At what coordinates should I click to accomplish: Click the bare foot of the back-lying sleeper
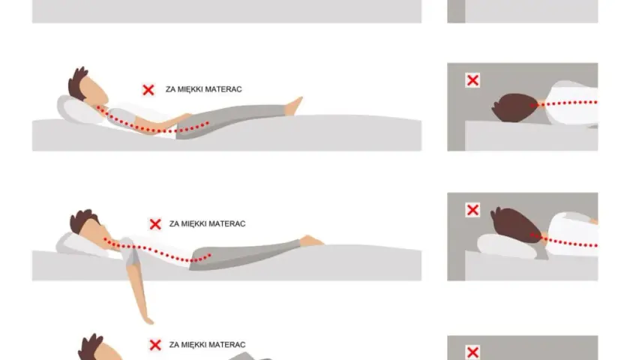point(294,106)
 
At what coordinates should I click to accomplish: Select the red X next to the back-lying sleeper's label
point(148,89)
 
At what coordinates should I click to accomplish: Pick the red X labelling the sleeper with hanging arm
point(155,223)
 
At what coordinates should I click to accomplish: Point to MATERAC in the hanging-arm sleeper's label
point(229,223)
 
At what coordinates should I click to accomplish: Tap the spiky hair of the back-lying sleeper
point(78,82)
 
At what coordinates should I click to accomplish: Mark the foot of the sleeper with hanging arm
point(310,241)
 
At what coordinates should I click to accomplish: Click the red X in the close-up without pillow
point(472,80)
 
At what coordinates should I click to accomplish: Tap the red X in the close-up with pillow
point(472,210)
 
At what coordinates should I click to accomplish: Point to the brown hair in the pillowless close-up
point(514,108)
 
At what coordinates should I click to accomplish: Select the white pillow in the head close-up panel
point(507,246)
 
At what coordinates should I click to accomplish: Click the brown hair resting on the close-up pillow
point(514,224)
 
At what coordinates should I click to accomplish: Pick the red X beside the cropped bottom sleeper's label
point(155,345)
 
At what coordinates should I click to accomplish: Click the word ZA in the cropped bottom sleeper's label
point(173,345)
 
